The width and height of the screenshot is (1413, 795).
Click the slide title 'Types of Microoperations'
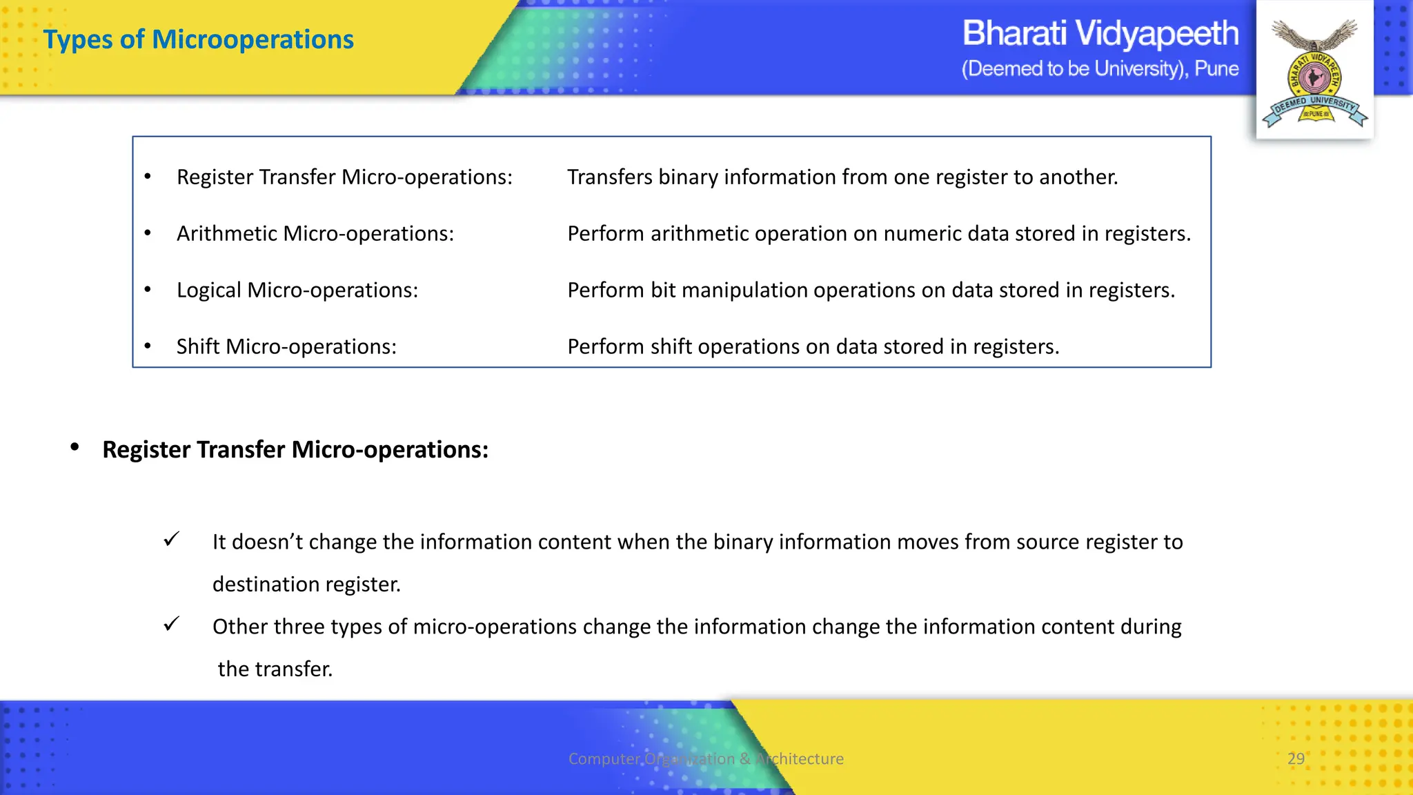(x=198, y=39)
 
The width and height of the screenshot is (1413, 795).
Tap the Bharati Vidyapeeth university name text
(x=1100, y=33)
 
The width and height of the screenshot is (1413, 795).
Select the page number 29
(x=1296, y=758)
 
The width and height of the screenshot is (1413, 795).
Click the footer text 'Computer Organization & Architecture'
(x=706, y=758)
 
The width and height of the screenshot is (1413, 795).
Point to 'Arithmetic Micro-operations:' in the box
(x=315, y=233)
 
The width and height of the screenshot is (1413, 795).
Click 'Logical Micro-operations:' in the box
(x=297, y=290)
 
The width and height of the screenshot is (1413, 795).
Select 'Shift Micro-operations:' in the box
(x=286, y=346)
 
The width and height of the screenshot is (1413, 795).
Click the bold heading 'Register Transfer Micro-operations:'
(x=295, y=449)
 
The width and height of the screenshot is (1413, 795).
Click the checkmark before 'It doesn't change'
(x=172, y=539)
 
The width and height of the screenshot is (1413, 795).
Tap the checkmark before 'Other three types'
(x=172, y=624)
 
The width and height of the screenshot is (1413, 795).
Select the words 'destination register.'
(x=306, y=585)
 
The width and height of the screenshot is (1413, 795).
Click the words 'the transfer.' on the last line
(x=275, y=669)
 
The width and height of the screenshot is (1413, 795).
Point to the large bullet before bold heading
(x=75, y=448)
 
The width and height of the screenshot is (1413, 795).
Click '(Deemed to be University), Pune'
(x=1100, y=69)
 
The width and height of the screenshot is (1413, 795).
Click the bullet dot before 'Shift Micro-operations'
(x=148, y=346)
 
